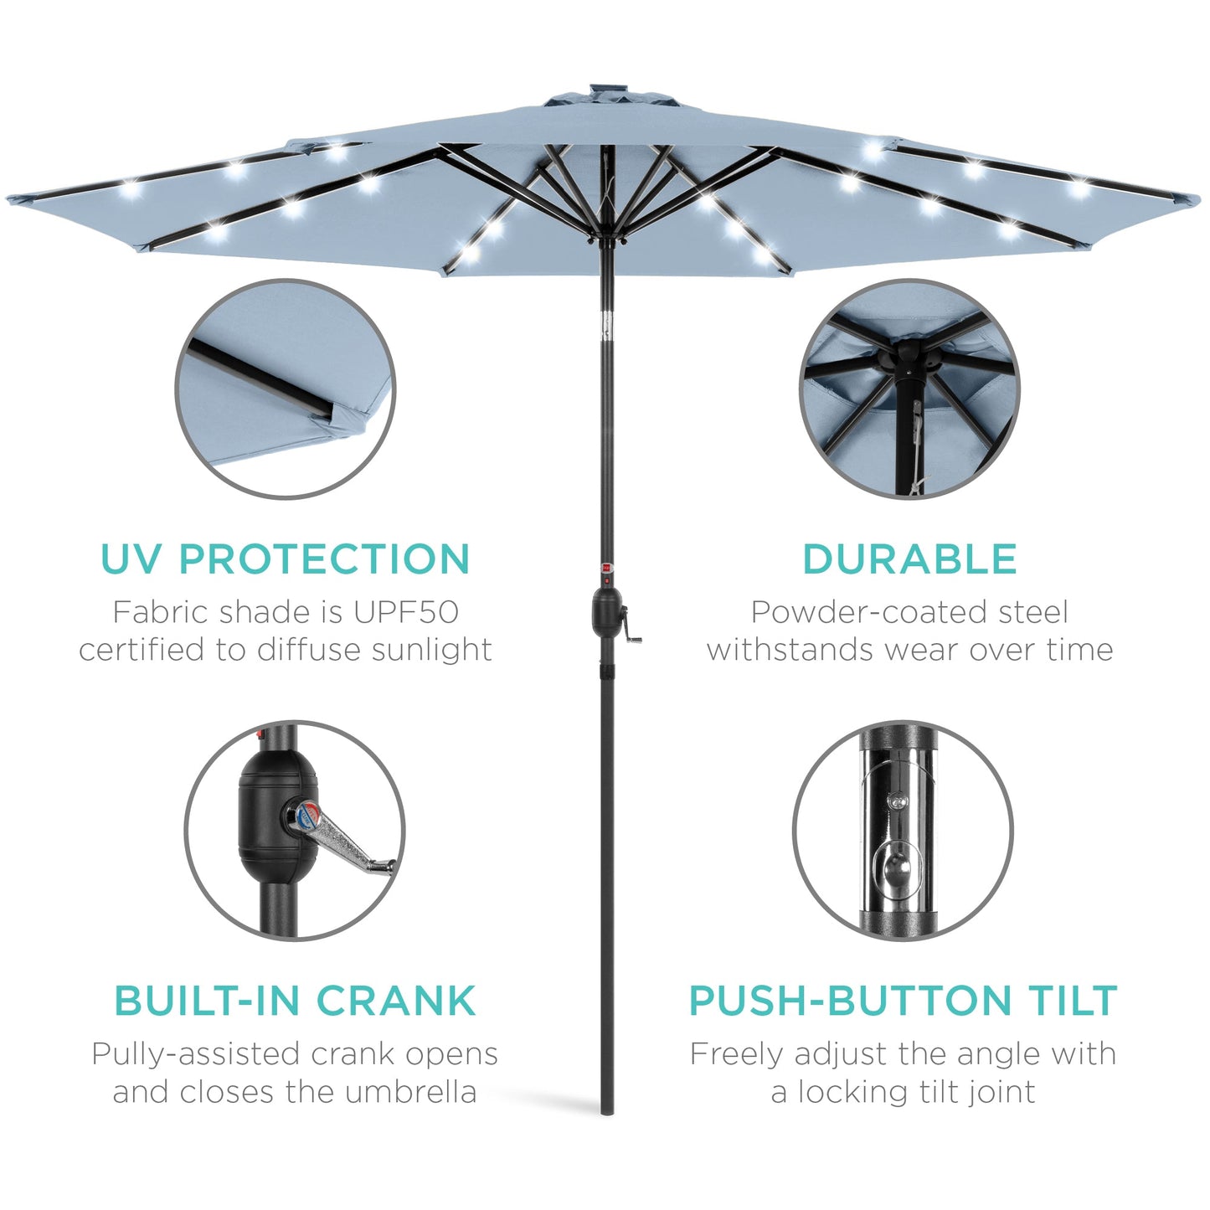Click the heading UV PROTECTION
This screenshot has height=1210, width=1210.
pos(285,559)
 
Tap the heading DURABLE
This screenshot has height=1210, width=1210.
pos(909,559)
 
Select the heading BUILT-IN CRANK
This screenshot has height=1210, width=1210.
pos(295,1001)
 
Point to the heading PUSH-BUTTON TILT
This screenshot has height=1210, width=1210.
pos(903,1001)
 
